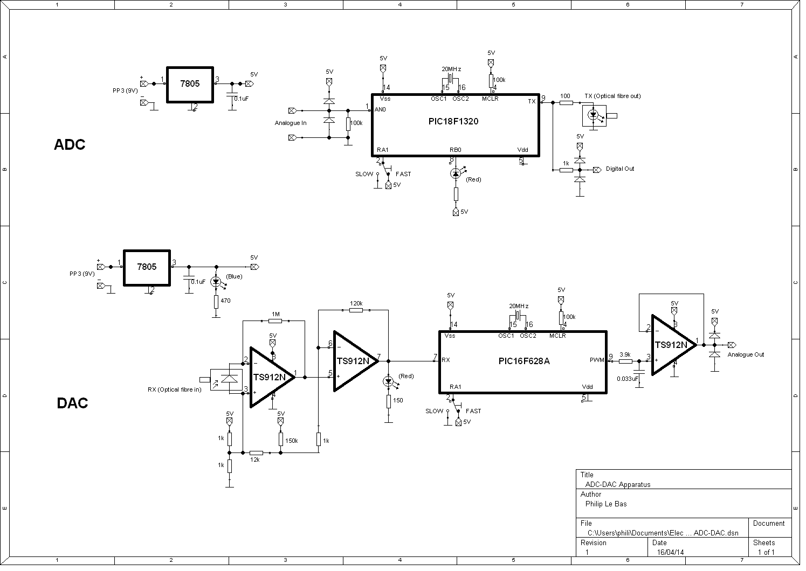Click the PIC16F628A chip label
523,361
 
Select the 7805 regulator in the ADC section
190,84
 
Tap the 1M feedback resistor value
275,315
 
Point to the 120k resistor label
356,304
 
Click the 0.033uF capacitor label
628,379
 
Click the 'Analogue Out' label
746,354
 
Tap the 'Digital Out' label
619,169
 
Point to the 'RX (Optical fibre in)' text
174,389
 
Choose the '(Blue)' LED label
234,277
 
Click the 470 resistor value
225,301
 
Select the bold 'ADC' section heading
70,145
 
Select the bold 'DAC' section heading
72,403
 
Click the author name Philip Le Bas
605,504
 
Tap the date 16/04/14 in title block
670,553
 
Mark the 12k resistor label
255,460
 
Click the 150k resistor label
291,441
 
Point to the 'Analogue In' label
291,123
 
